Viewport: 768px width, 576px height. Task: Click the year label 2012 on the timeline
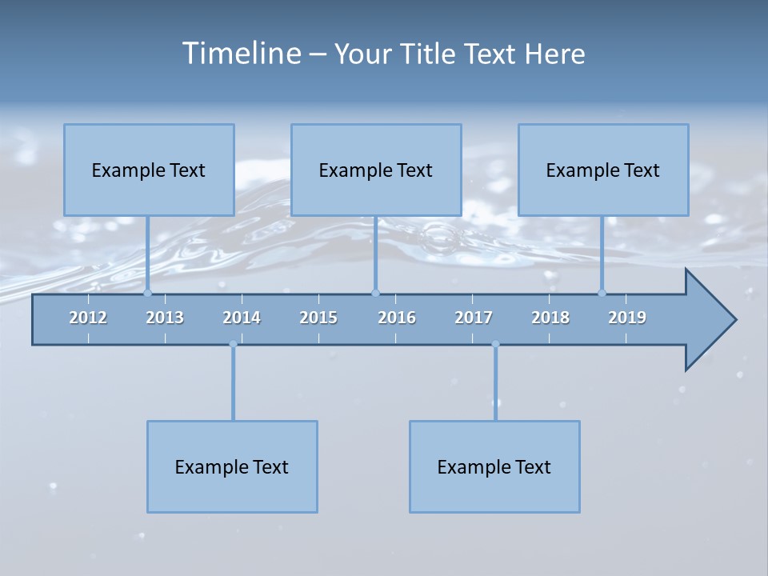(88, 318)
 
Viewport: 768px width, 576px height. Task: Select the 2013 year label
(165, 318)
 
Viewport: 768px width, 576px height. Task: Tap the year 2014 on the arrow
(242, 318)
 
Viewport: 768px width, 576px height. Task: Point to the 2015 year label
(318, 318)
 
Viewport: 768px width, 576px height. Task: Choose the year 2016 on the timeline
(397, 318)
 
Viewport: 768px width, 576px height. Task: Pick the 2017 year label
(474, 318)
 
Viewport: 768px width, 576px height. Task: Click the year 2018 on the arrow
(550, 318)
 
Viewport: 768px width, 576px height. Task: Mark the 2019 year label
(627, 318)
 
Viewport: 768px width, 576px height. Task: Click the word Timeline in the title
(241, 54)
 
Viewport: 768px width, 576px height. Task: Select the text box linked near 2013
(149, 170)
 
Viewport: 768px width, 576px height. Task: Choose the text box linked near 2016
(376, 170)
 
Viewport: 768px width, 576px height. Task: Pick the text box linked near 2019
(603, 170)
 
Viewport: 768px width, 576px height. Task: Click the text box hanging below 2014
(232, 466)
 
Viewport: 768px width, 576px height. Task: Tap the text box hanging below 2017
(494, 466)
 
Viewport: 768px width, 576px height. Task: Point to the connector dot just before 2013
(147, 293)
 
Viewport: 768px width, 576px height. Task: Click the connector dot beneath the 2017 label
(495, 345)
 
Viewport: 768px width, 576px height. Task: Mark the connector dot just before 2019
(602, 293)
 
